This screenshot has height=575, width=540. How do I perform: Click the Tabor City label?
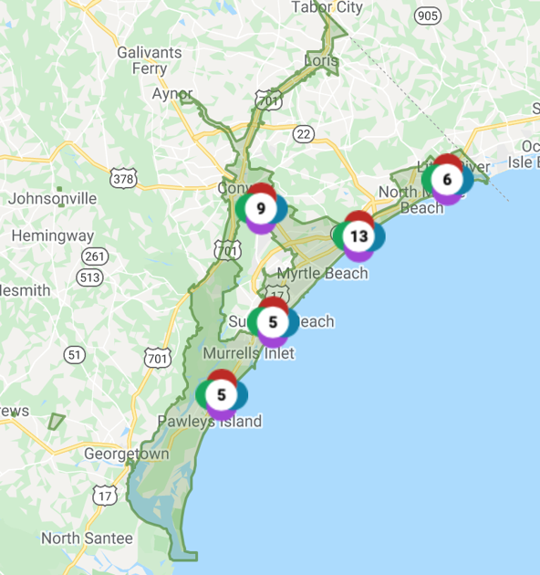click(327, 8)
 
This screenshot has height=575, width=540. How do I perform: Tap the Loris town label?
click(321, 62)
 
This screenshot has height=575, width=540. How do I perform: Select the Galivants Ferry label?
click(150, 59)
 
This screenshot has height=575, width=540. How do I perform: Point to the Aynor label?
click(172, 94)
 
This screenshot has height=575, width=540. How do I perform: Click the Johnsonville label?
click(52, 198)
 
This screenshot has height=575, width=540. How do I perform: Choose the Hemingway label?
click(47, 236)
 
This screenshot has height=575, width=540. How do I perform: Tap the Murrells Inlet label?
click(248, 352)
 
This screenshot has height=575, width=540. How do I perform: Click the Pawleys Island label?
click(210, 421)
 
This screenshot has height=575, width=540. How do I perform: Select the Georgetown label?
click(127, 453)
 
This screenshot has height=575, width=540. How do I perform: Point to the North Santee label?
click(87, 538)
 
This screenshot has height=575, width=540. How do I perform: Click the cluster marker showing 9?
click(261, 209)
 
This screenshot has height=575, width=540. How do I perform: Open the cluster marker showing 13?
click(358, 236)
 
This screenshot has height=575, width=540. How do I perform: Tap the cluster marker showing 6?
click(447, 179)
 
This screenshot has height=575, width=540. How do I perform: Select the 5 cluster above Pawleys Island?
click(221, 394)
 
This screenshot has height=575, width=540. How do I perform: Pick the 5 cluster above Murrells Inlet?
click(273, 321)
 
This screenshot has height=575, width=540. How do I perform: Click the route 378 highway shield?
click(123, 178)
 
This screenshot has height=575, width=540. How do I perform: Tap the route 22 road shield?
click(303, 134)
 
